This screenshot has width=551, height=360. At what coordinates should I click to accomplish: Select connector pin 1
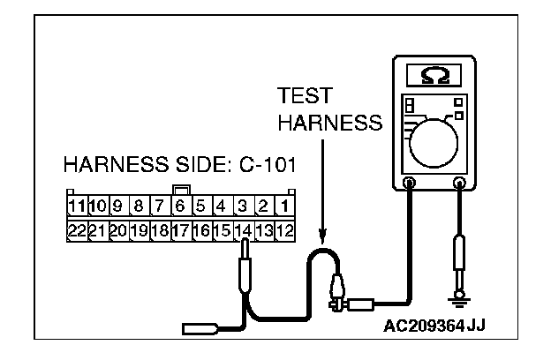(285, 208)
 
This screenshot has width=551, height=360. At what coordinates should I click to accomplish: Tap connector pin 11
(76, 208)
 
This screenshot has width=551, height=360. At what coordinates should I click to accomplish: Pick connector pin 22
(76, 231)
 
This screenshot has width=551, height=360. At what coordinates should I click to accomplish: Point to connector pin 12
(285, 231)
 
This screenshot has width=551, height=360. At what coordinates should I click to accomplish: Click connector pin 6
(179, 208)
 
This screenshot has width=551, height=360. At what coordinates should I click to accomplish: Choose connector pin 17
(179, 231)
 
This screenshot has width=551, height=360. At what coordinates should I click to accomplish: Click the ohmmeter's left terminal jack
(408, 184)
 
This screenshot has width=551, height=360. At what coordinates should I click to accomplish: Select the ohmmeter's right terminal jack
(459, 184)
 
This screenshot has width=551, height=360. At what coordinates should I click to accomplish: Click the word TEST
(300, 95)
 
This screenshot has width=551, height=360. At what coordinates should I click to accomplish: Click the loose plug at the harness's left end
(195, 329)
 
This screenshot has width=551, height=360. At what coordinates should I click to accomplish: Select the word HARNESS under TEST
(329, 124)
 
